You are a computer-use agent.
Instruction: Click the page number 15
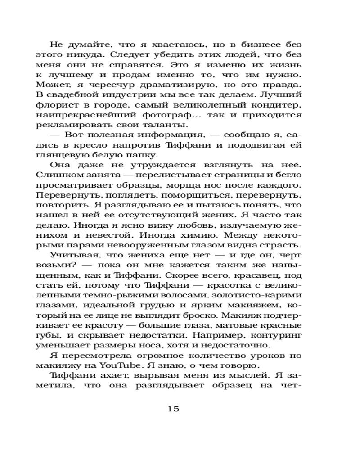coord(173,409)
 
